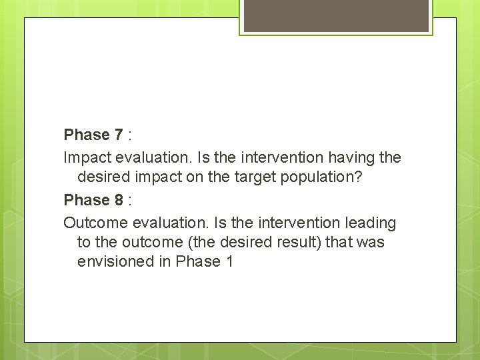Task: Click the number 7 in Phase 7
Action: pos(118,135)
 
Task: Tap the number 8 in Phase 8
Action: pos(118,200)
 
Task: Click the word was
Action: pos(371,242)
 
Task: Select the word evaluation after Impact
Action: pos(149,158)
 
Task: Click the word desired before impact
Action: pos(101,177)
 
